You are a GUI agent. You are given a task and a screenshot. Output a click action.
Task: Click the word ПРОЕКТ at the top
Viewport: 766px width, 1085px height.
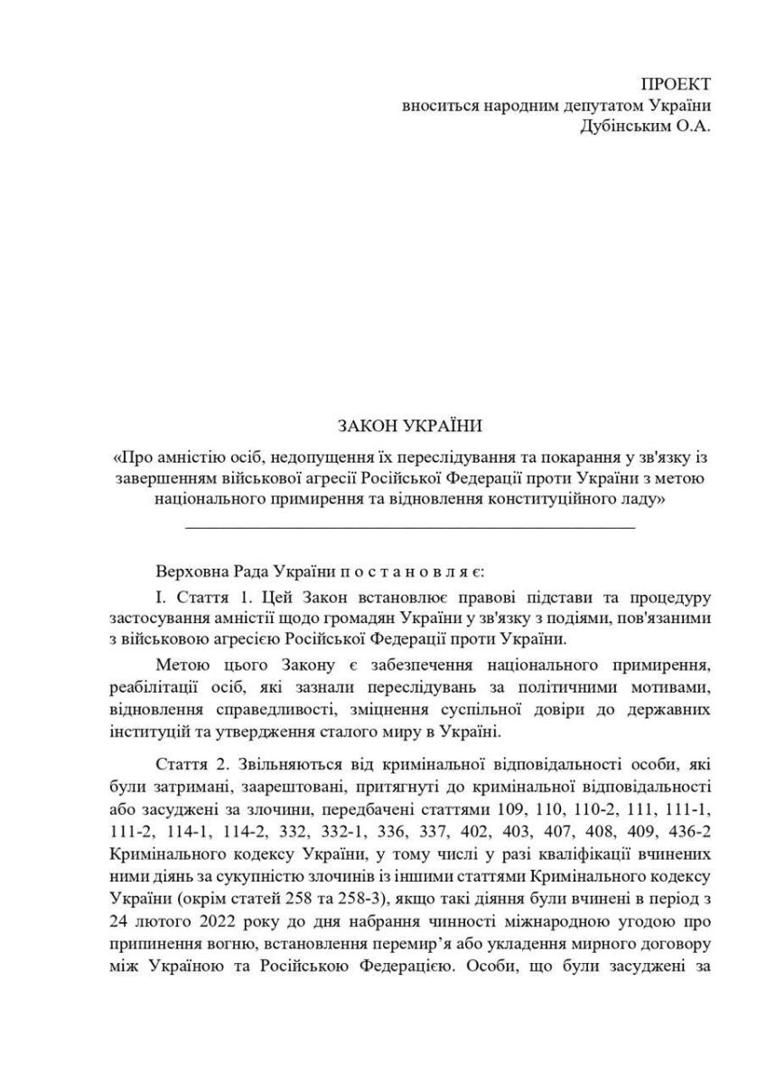pos(676,85)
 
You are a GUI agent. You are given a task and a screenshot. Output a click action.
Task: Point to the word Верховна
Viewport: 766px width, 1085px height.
pos(187,572)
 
